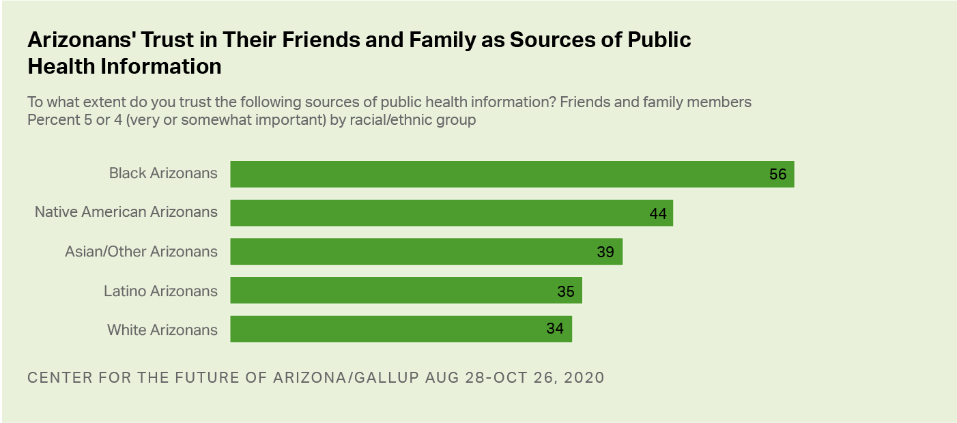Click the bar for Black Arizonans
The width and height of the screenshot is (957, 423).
tap(512, 174)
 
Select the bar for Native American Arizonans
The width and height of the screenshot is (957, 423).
tap(451, 213)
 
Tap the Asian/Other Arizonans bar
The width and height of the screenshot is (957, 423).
tap(426, 252)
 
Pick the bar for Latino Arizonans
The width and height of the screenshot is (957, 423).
tap(405, 291)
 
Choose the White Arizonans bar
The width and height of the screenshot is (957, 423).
tap(401, 329)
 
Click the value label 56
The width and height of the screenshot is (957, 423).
tap(777, 174)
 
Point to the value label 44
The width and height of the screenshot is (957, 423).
tap(657, 214)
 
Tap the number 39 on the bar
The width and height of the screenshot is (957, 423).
tap(605, 252)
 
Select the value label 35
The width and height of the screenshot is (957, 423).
tap(565, 291)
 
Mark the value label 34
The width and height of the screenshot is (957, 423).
tap(555, 329)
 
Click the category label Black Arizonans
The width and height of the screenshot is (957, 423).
tap(163, 173)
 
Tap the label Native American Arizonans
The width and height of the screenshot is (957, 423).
tap(126, 212)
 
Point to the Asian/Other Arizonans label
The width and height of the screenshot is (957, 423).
tap(141, 252)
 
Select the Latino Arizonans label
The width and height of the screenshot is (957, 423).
tap(160, 291)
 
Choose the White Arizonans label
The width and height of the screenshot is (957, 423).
tap(162, 330)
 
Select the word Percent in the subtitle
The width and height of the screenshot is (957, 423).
tap(51, 120)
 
